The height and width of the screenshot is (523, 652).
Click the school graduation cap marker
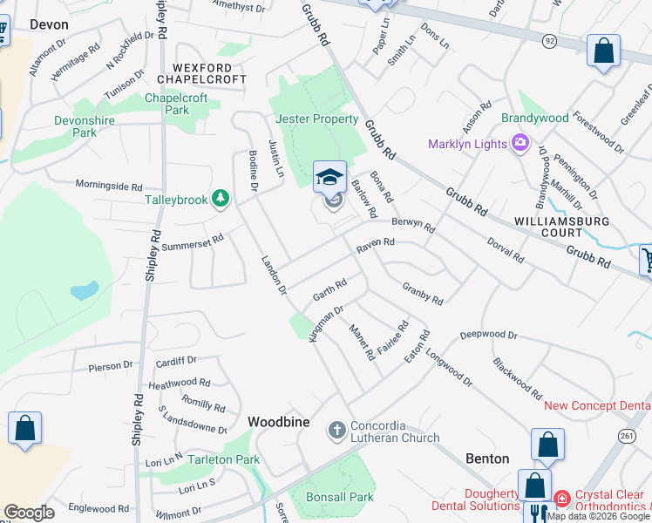click(x=329, y=178)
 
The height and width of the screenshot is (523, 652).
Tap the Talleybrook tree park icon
click(x=221, y=200)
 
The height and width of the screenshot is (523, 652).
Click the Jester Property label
click(x=316, y=119)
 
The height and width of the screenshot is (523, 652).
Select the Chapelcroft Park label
click(x=176, y=104)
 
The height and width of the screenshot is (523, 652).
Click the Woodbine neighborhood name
click(x=279, y=422)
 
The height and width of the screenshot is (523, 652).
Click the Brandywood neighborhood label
click(x=535, y=118)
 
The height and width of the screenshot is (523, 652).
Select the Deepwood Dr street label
click(x=488, y=335)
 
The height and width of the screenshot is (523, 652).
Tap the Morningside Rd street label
click(x=108, y=186)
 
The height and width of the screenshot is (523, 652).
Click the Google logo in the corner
click(x=28, y=513)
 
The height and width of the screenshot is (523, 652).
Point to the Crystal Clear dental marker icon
click(x=562, y=499)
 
